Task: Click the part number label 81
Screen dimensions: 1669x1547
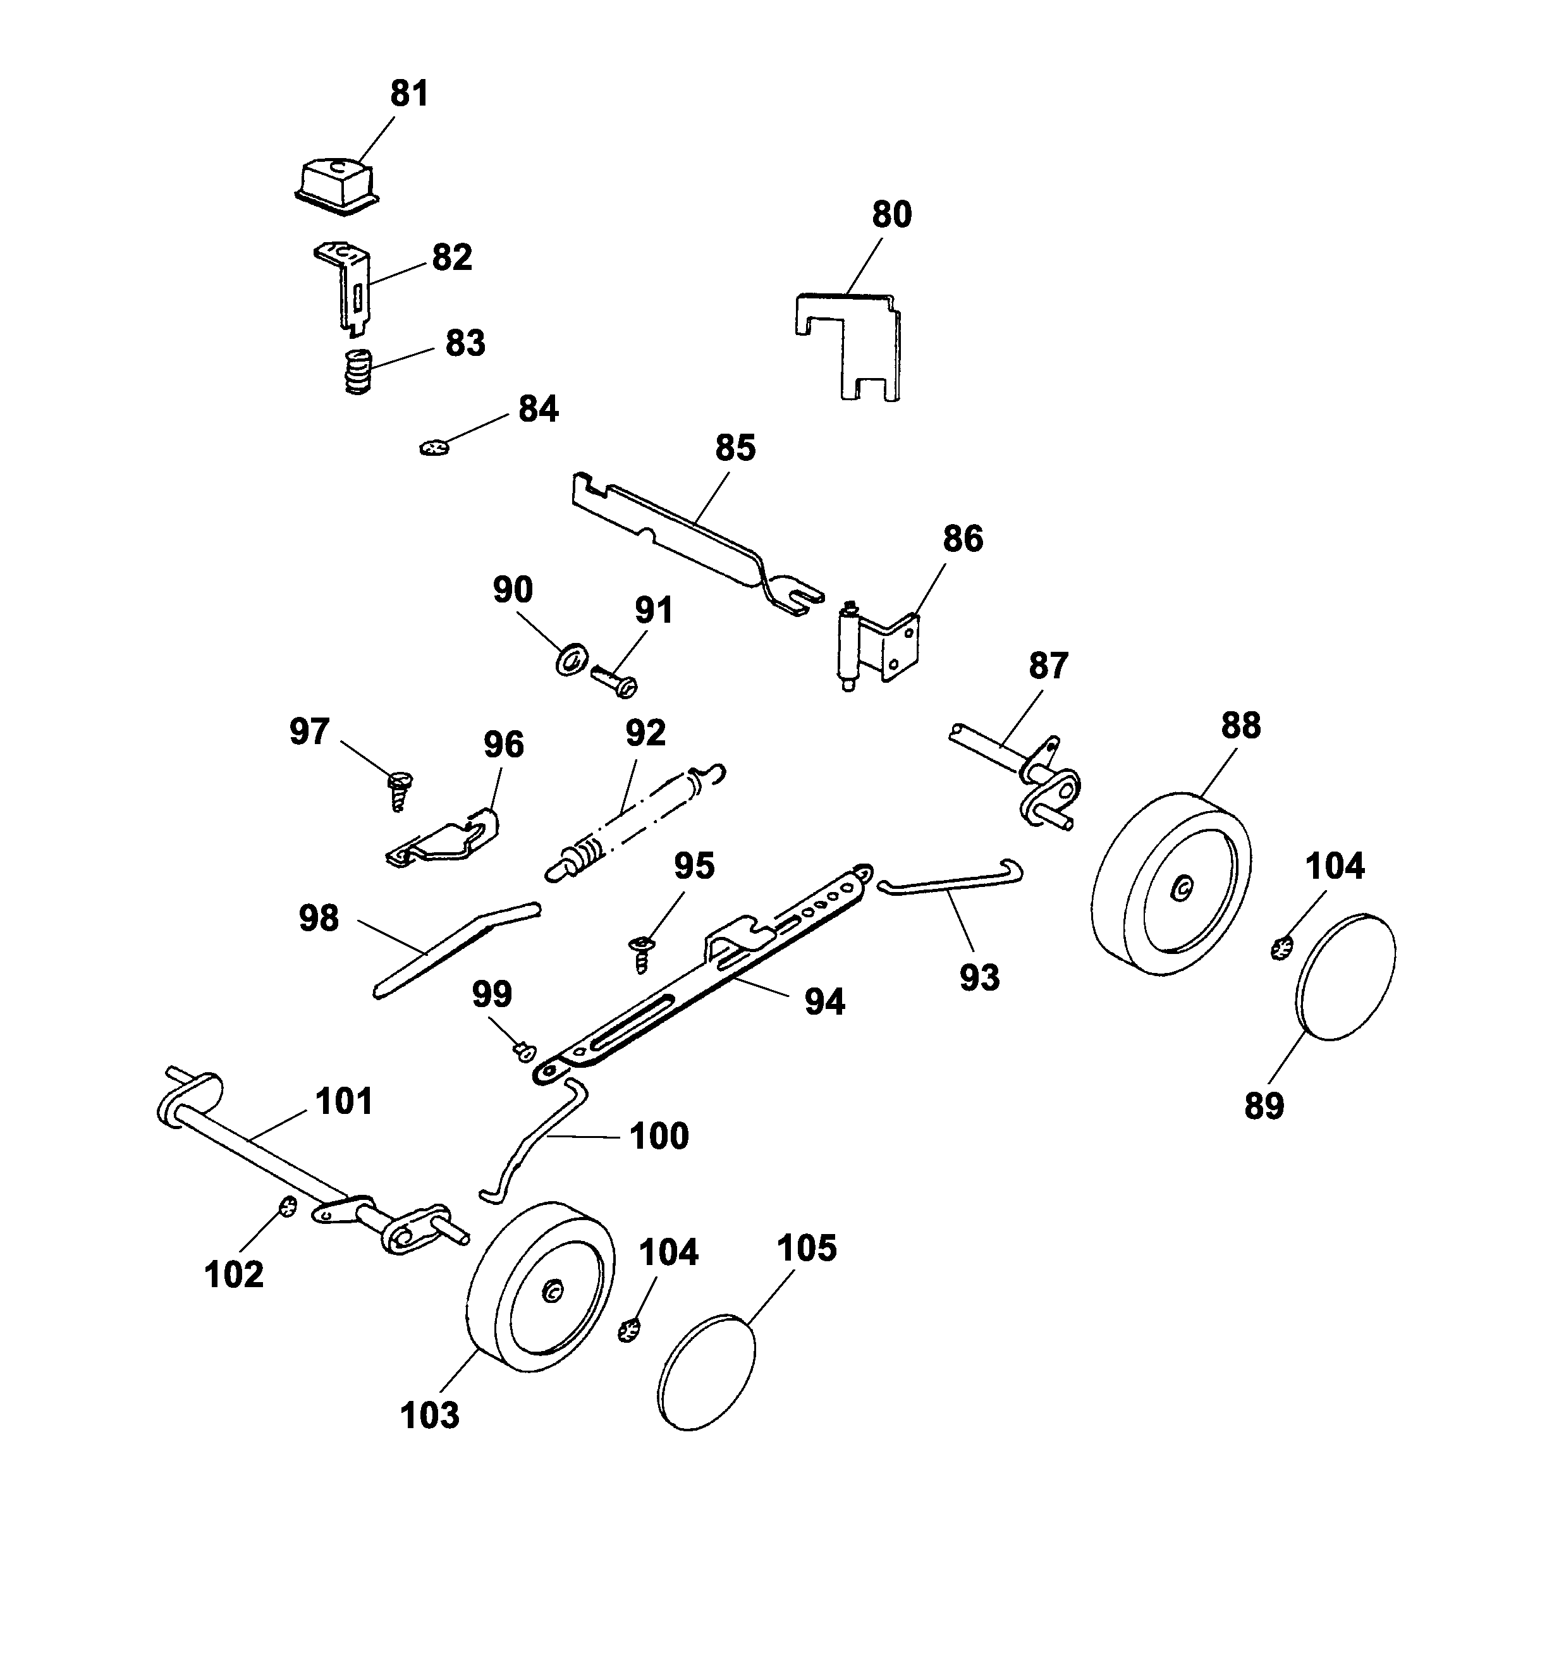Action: point(410,94)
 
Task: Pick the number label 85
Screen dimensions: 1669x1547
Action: point(735,448)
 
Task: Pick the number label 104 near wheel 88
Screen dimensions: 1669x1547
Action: point(1335,866)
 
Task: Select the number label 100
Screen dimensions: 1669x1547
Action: point(659,1137)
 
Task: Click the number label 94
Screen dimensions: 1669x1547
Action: point(824,1002)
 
